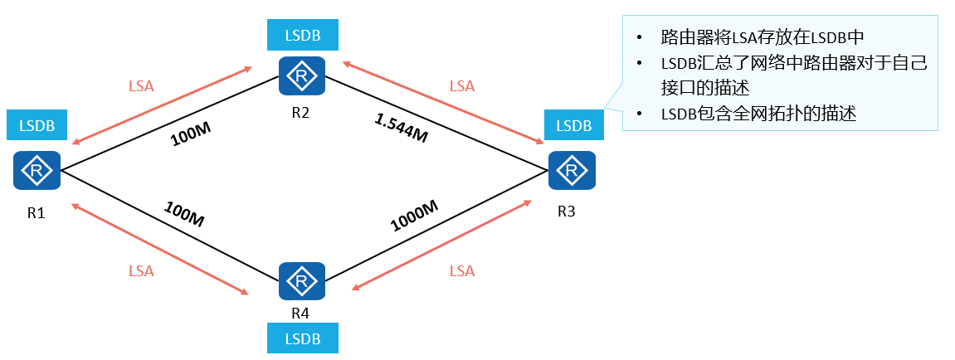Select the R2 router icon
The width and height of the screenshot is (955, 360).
301,77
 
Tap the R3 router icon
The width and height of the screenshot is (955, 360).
572,171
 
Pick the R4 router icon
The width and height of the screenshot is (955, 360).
301,283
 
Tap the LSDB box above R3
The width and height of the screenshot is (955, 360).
573,125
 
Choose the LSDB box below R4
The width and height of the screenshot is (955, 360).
302,338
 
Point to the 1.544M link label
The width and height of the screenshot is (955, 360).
401,129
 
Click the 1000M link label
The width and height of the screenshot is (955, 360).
413,216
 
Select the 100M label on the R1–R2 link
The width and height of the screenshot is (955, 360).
190,135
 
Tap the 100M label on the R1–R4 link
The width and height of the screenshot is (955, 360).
184,215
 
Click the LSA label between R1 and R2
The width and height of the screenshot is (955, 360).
141,85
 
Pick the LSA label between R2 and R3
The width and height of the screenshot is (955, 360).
462,85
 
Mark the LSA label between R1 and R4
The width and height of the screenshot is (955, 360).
141,270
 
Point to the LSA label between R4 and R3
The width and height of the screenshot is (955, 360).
462,270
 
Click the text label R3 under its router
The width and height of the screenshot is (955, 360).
566,211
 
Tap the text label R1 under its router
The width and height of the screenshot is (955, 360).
36,212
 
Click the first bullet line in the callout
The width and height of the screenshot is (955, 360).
762,37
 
